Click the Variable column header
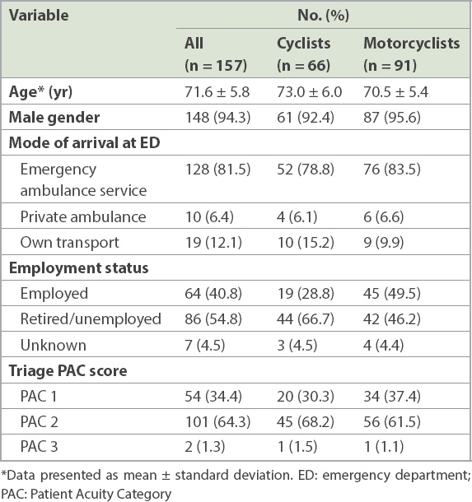click(39, 16)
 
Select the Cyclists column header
click(303, 44)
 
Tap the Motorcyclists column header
click(411, 44)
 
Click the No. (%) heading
click(323, 16)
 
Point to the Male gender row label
click(54, 117)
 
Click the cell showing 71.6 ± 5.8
click(217, 92)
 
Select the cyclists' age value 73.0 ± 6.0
click(309, 92)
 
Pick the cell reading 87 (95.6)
click(392, 117)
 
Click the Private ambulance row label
click(83, 216)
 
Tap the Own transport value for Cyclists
click(306, 242)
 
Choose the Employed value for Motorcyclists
click(392, 293)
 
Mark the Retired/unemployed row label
click(91, 318)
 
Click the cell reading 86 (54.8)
click(213, 318)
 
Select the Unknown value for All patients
click(205, 345)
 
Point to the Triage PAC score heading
click(68, 370)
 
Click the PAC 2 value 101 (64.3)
click(217, 421)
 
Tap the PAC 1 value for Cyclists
click(306, 396)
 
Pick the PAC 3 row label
click(39, 447)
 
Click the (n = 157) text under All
click(216, 66)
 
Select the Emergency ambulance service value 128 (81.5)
click(217, 169)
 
